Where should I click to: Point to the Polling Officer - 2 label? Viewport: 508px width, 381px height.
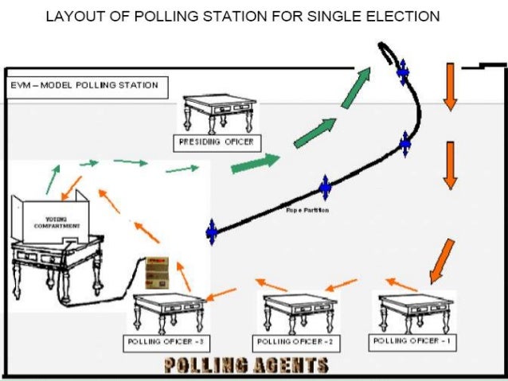point(295,342)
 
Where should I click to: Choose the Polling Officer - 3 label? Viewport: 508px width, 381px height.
point(166,342)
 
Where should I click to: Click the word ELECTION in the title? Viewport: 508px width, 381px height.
point(398,16)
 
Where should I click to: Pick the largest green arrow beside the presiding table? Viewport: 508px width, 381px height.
point(256,162)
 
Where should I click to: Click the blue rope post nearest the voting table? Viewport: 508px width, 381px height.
point(212,231)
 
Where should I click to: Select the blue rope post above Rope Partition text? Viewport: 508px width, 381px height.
point(325,188)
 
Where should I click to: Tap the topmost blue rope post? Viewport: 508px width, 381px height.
point(403,72)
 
